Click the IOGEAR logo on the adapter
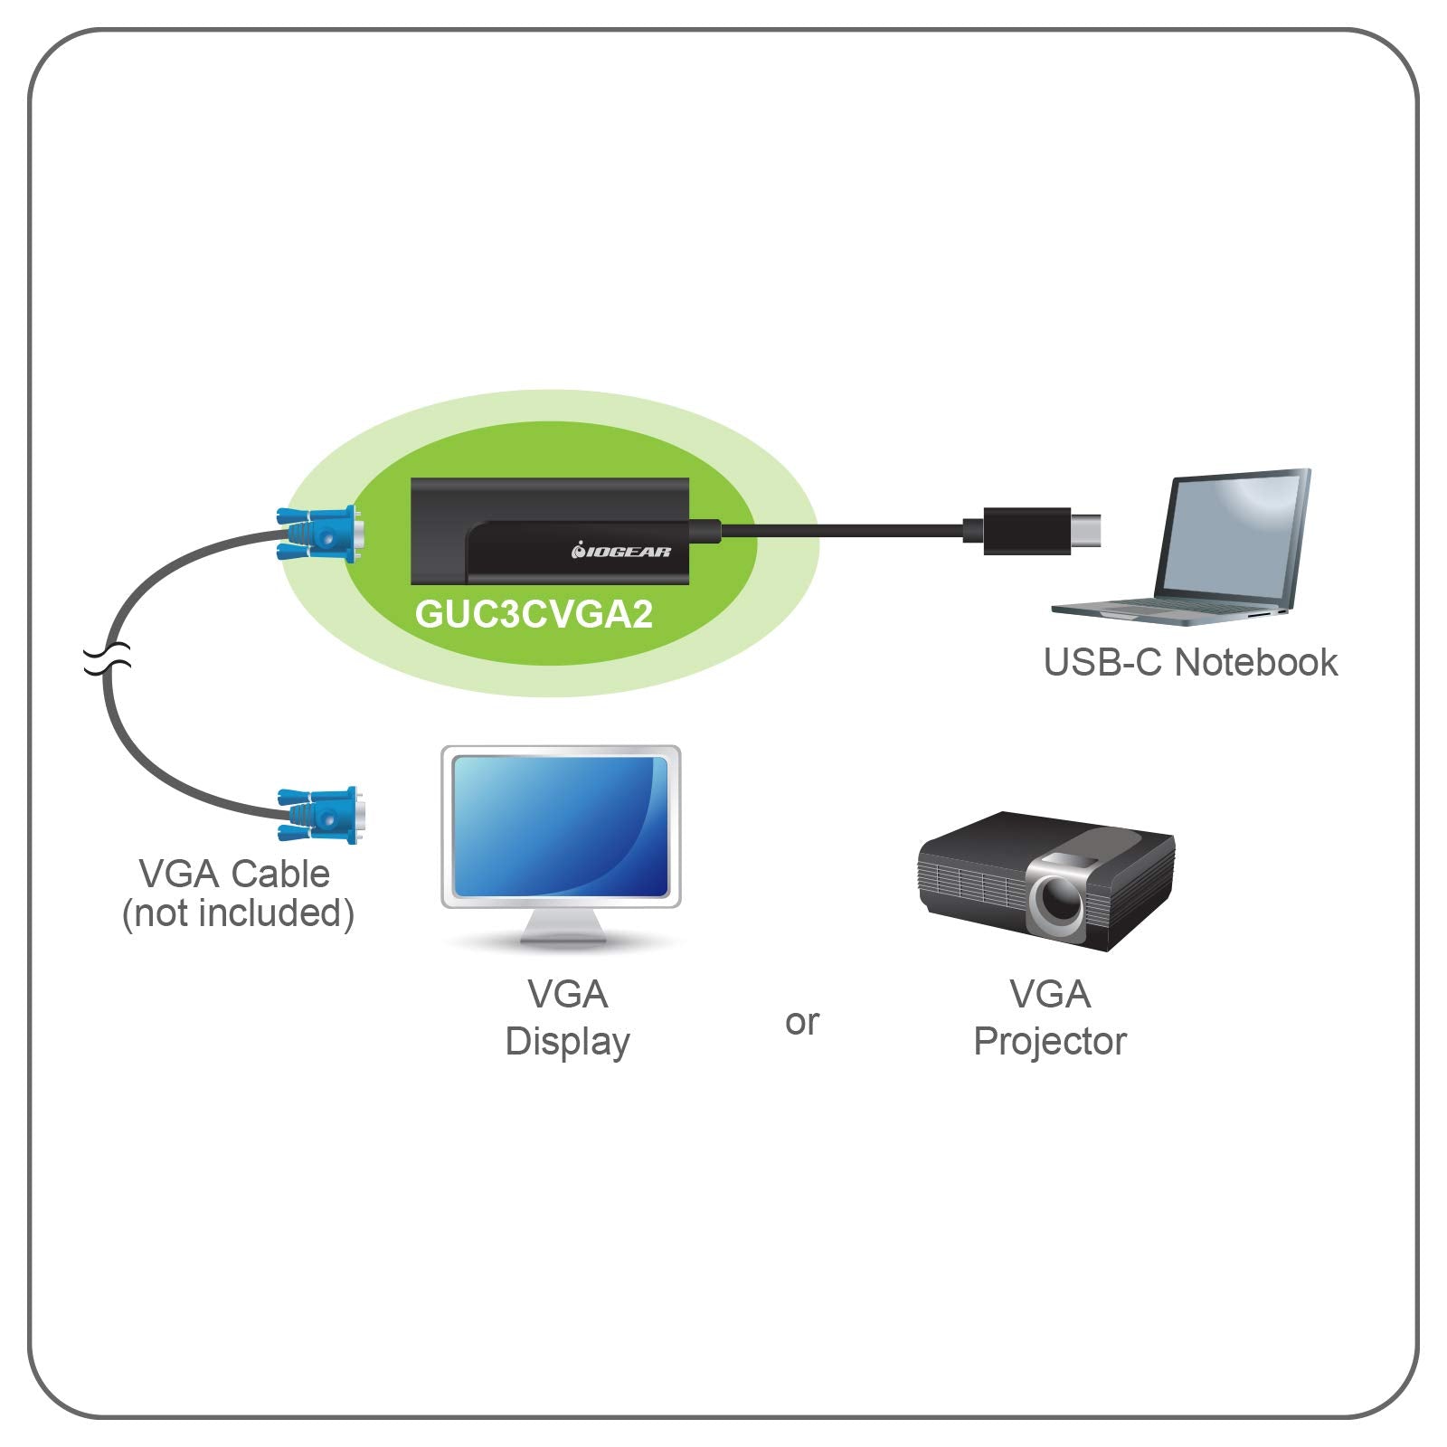(x=621, y=551)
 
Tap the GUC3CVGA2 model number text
(x=534, y=614)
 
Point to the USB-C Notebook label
(x=1190, y=663)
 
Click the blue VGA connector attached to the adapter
(x=320, y=534)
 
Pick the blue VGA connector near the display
(x=320, y=815)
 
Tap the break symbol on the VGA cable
(x=108, y=659)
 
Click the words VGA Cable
(x=234, y=874)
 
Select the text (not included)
(x=238, y=913)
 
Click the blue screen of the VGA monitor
(x=561, y=827)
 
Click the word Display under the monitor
(x=567, y=1042)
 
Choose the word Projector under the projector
(x=1049, y=1042)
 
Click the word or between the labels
(x=802, y=1023)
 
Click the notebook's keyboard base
(x=1167, y=611)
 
